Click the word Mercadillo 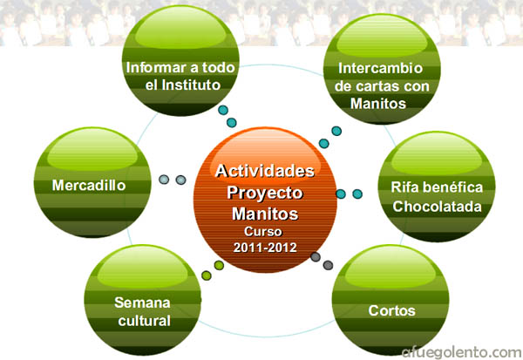click(x=89, y=185)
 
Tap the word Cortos click(x=391, y=310)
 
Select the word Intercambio click(x=381, y=68)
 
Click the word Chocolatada click(x=437, y=207)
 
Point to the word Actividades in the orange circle click(x=265, y=171)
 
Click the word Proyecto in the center click(x=265, y=194)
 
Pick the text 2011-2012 click(x=265, y=248)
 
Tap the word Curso click(x=263, y=231)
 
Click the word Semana click(x=142, y=302)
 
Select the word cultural click(x=145, y=321)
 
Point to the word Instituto click(x=191, y=85)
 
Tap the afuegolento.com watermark click(x=462, y=352)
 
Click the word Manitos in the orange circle click(x=265, y=214)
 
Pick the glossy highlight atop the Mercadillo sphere click(x=92, y=151)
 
